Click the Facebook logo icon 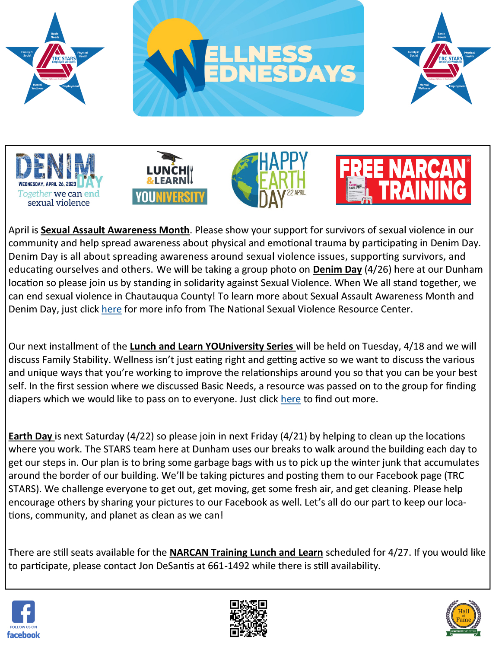point(23,612)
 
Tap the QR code point(248,618)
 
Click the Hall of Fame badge point(463,617)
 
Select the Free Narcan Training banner point(403,180)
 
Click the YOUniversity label point(170,197)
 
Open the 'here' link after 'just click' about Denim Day point(111,309)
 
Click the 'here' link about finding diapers point(290,399)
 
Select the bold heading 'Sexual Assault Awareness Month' point(115,230)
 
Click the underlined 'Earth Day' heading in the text point(30,436)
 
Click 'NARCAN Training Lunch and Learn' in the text point(246,553)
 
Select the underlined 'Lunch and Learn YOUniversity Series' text point(212,347)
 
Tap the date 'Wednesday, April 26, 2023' point(47,184)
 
